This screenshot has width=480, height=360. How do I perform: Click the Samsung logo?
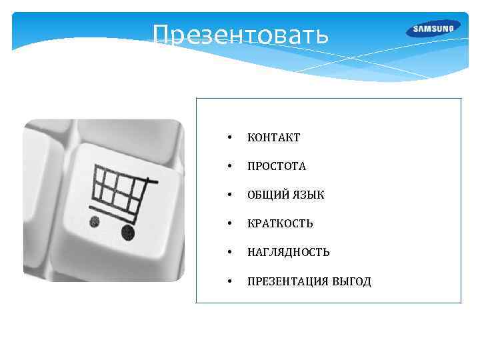433,29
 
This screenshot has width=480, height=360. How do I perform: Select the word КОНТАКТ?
273,138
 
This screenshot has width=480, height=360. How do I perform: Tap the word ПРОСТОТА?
277,167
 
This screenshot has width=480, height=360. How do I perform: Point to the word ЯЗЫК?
309,195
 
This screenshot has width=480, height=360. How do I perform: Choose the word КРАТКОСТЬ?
280,224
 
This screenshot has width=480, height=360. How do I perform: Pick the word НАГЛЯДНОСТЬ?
288,253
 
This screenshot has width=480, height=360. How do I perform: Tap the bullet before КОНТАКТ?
229,138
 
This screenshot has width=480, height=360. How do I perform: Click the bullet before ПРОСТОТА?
229,167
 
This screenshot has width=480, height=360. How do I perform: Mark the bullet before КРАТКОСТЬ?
229,224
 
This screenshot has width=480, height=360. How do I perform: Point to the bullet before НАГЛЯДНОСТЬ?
229,253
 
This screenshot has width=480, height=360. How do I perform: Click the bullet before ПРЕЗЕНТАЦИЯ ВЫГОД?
229,282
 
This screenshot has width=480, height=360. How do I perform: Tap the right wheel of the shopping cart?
127,231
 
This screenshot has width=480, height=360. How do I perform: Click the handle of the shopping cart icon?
151,180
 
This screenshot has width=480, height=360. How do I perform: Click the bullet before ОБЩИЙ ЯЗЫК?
229,195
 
